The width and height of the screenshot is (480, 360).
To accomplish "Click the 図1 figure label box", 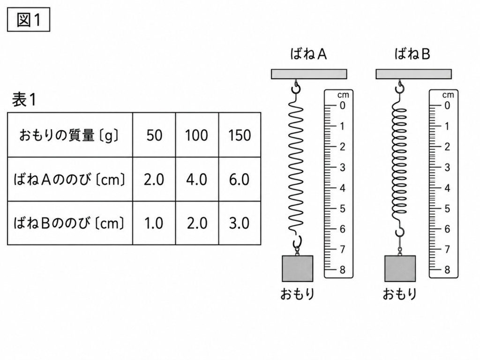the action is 29,20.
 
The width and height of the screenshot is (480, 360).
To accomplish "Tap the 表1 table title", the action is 24,99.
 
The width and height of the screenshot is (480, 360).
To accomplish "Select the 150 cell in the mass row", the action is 240,135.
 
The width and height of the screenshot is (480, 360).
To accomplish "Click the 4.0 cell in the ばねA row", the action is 197,180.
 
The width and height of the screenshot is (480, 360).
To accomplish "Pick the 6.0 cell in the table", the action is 240,180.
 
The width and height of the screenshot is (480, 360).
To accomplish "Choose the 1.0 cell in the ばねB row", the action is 154,223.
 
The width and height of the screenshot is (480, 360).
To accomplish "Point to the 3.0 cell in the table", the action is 240,223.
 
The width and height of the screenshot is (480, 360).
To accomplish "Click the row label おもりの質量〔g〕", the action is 69,135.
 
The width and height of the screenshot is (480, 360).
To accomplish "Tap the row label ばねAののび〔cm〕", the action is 69,180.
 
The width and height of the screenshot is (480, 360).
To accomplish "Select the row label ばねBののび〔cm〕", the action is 69,223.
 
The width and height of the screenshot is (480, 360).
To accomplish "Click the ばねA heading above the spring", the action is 308,54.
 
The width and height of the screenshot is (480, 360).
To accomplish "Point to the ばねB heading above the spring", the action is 412,54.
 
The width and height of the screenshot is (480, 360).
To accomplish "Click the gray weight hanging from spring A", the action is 297,269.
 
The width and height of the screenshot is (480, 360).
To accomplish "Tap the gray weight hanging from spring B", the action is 400,269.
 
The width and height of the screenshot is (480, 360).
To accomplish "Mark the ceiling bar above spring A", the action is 309,74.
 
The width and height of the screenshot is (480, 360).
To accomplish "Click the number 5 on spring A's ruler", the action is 343,209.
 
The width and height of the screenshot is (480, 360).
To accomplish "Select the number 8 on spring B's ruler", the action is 447,270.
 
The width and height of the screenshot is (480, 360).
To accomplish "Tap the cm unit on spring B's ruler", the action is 448,95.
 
